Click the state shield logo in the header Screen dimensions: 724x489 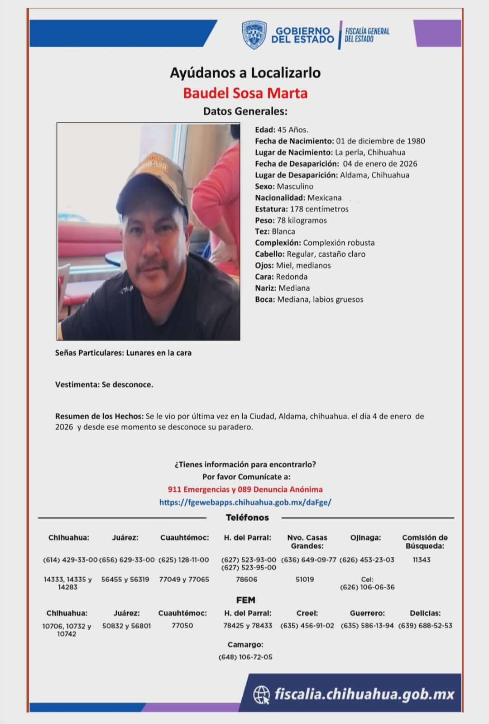click(254, 34)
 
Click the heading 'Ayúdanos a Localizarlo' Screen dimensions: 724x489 click(245, 73)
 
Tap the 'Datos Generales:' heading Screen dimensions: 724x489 click(245, 111)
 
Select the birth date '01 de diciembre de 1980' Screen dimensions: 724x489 click(380, 141)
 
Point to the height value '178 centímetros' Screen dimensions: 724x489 click(319, 209)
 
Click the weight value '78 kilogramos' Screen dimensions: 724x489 click(302, 221)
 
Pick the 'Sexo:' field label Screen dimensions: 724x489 click(265, 187)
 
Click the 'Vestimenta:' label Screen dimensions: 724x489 click(77, 385)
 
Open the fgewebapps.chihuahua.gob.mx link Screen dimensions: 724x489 click(245, 502)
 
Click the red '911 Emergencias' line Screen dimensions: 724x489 click(245, 489)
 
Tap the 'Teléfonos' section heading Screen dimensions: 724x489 click(247, 518)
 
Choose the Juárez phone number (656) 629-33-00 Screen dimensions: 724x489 click(127, 560)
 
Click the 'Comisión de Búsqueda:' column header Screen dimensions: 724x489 click(425, 542)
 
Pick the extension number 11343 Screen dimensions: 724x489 click(422, 560)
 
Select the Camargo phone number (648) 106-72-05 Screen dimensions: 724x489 click(245, 657)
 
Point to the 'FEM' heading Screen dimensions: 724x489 click(245, 600)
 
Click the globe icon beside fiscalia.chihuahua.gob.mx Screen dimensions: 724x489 click(261, 695)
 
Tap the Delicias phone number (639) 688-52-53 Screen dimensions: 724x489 click(425, 626)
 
